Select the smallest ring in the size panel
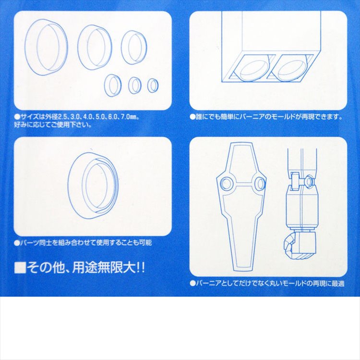tap(153, 86)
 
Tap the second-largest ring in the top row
tap(95, 47)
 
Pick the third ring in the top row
tap(134, 47)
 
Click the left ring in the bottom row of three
tap(113, 85)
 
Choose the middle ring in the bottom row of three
tap(135, 85)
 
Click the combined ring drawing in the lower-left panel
tap(94, 184)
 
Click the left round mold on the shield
tap(226, 183)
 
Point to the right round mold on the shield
tap(260, 183)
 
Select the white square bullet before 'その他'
tap(20, 268)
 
